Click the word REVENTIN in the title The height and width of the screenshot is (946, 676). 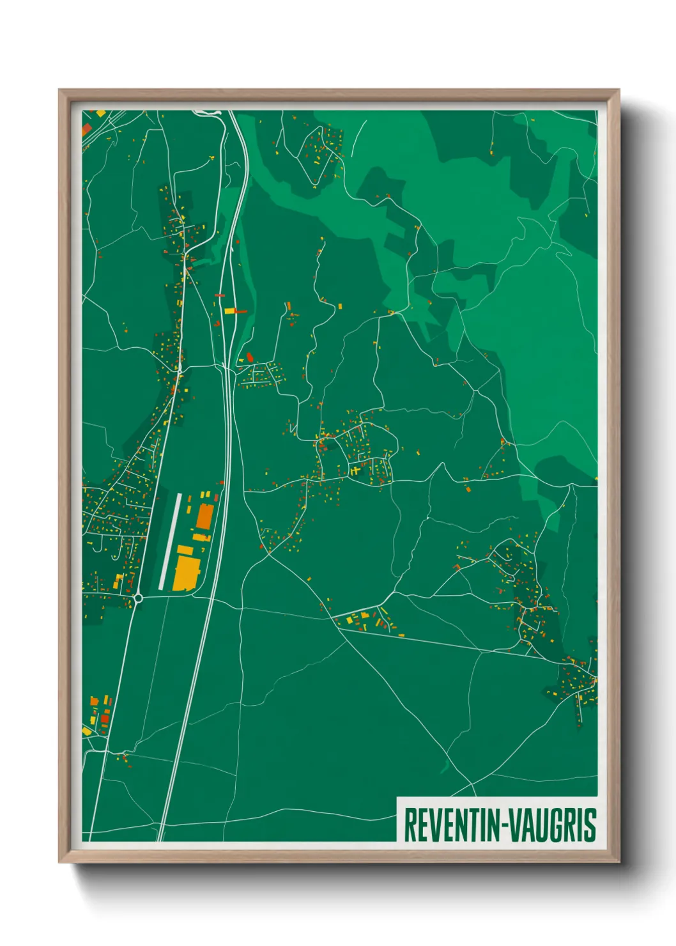point(450,825)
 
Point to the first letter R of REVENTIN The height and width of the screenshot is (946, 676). point(409,825)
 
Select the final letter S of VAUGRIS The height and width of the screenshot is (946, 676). point(591,825)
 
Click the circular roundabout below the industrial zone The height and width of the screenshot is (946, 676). point(138,598)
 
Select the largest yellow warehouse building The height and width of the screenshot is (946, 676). point(186,573)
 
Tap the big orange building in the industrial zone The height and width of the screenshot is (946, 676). point(204,516)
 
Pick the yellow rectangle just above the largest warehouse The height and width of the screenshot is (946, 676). point(185,550)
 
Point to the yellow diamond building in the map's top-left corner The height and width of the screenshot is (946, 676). point(100,114)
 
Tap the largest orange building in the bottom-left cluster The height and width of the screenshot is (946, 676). point(95,701)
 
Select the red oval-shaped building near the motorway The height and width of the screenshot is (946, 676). point(250,356)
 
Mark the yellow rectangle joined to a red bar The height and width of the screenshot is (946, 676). point(229,311)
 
